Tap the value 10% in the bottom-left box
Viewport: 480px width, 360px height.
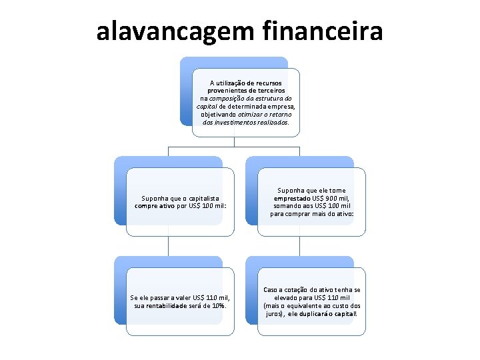(x=218, y=306)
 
